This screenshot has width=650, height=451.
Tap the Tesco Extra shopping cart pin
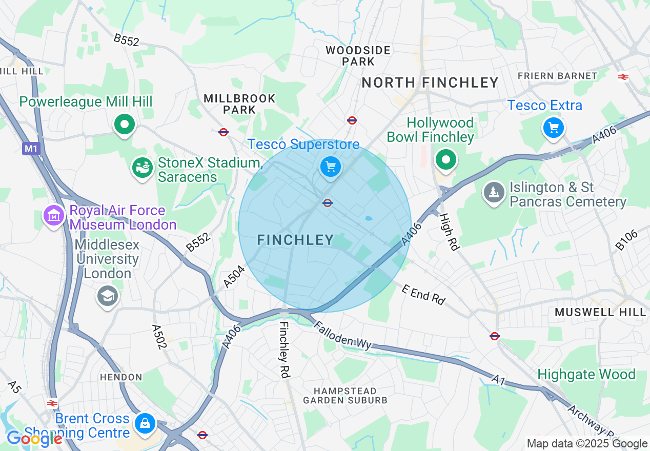point(553,128)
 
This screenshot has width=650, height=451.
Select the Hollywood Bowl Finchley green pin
point(446,160)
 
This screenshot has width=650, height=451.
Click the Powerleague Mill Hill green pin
point(124,124)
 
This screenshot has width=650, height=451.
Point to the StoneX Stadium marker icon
point(143,168)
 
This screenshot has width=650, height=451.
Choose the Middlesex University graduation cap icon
point(108,296)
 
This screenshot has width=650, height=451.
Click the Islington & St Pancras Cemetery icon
point(494,193)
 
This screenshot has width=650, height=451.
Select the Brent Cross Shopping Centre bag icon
point(145,424)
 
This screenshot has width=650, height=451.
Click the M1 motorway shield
point(31,149)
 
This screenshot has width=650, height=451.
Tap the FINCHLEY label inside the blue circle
point(295,240)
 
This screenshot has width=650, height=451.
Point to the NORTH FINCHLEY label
point(430,83)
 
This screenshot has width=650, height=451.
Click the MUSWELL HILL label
point(600,312)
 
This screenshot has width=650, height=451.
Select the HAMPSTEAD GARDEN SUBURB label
point(346,396)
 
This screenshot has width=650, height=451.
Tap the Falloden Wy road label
point(342,336)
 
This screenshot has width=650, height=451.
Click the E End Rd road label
point(423,295)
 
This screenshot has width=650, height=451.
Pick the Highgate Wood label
point(586,375)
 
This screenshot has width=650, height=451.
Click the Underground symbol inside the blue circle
point(328,203)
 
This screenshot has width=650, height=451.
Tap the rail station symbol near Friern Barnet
point(623,77)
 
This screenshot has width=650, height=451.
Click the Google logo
point(34,439)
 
